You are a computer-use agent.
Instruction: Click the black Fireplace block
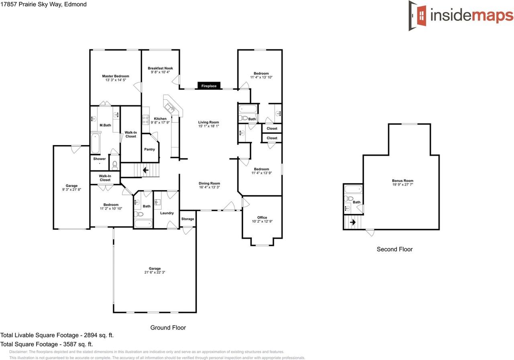coord(209,86)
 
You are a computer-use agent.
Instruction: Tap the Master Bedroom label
coord(116,76)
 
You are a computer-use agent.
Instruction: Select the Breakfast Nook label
coord(160,68)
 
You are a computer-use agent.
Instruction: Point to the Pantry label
coord(149,149)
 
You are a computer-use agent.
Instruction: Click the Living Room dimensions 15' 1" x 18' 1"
coord(208,126)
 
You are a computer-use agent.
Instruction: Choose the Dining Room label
coord(209,183)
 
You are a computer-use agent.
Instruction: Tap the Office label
coord(262,218)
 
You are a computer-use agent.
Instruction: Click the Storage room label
coord(188,219)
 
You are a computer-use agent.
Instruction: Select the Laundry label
coord(167,213)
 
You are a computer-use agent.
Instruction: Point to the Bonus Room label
coord(402,181)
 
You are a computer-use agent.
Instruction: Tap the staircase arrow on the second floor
coord(353,222)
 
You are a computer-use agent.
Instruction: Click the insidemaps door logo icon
coord(418,16)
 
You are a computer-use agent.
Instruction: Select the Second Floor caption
coord(394,249)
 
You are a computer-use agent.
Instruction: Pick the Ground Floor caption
coord(168,327)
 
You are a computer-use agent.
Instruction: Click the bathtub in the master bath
coord(95,144)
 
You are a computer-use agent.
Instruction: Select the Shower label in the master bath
coord(100,159)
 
